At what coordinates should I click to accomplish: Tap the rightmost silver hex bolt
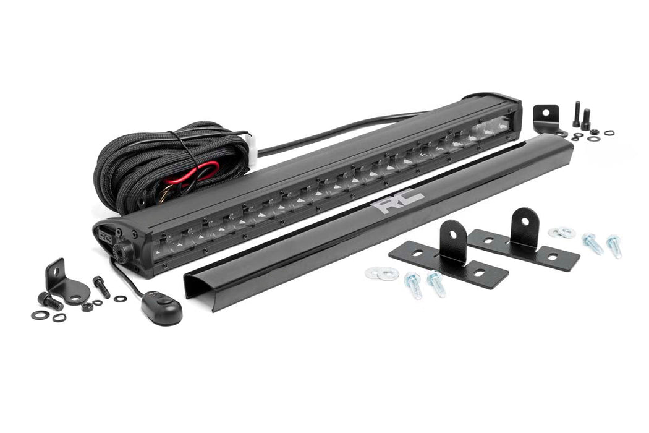[614, 245]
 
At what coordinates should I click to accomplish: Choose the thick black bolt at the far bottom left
[49, 301]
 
